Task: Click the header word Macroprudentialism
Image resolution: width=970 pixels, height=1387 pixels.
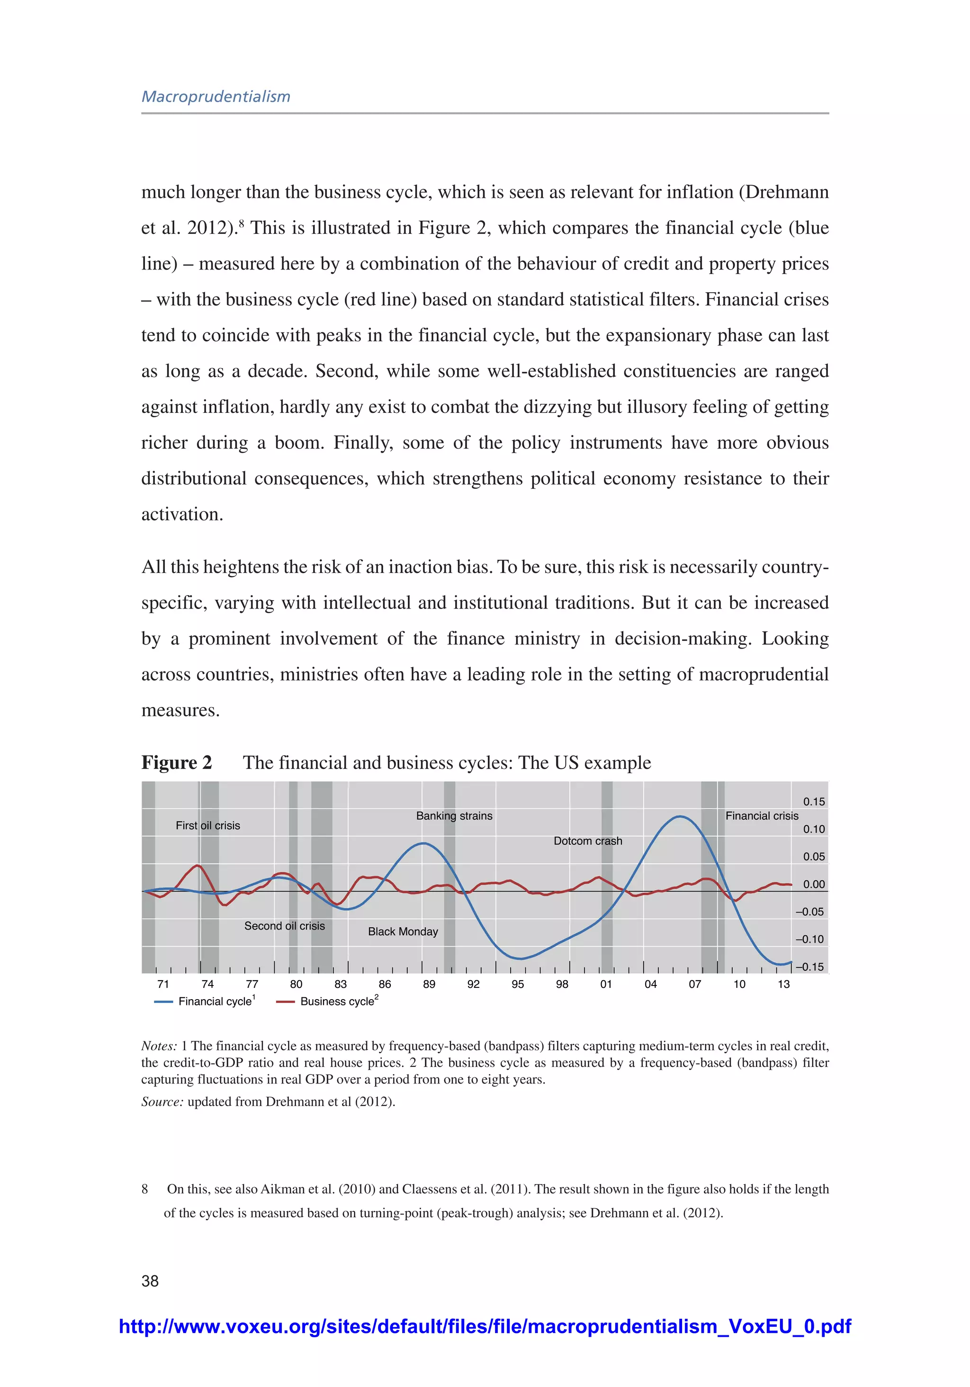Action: coord(216,97)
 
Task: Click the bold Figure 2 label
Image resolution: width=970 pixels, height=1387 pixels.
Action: coord(177,762)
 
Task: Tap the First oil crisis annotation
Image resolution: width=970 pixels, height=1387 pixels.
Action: coord(207,825)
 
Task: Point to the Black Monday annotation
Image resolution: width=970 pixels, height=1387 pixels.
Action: coord(403,931)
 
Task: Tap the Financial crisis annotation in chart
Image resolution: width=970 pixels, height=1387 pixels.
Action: coord(762,815)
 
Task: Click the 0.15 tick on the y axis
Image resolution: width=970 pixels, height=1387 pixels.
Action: coord(814,802)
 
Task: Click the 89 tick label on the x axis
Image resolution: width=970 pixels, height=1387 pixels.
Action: coord(429,984)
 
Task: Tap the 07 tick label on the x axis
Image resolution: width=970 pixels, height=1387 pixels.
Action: coord(695,984)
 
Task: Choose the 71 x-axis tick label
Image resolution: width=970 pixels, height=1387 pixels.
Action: coord(163,984)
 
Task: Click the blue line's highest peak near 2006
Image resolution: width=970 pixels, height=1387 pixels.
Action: coord(680,817)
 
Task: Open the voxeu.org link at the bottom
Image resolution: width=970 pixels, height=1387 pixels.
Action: coord(485,1326)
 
